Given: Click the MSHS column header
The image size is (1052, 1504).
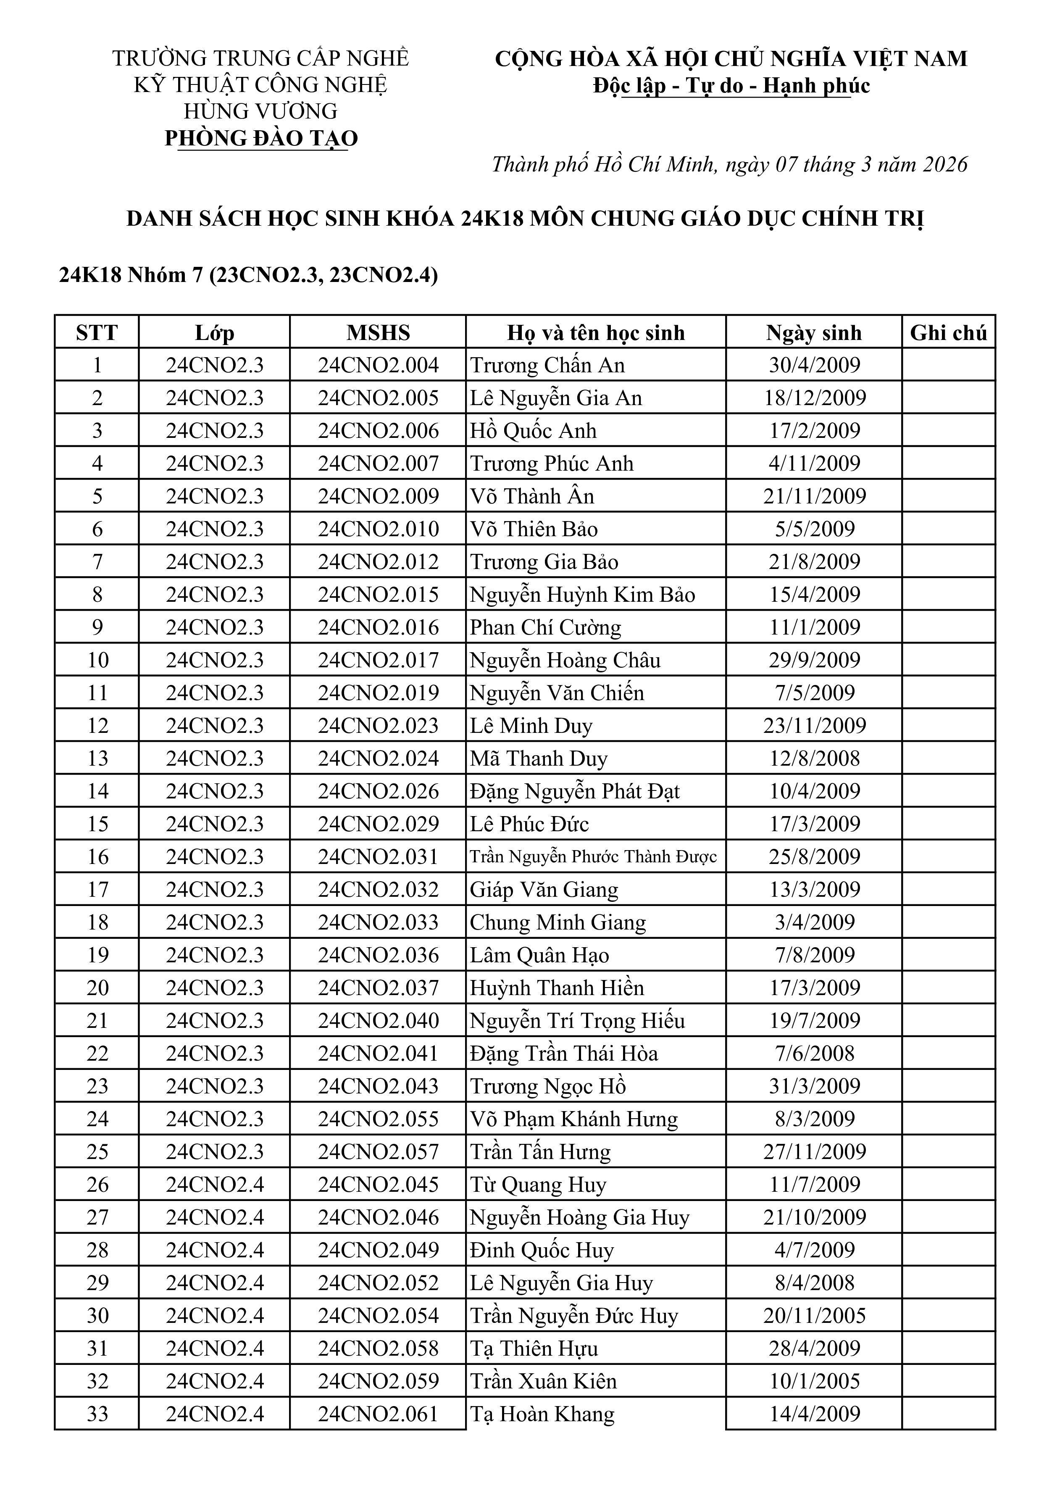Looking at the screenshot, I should pos(378,333).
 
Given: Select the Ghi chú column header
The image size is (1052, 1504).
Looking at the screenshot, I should pos(948,333).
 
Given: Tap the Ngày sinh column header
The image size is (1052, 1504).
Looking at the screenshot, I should pos(813,333).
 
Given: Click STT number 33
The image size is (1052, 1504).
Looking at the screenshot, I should pos(97,1414).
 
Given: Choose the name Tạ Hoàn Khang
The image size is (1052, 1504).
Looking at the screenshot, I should pos(542,1414).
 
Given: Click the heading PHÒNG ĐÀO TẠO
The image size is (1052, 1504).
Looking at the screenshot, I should pos(261,138).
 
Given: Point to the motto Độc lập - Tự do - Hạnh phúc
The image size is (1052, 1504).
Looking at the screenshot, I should pos(731,86).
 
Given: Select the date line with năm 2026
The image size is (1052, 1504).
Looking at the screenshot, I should pos(729,164).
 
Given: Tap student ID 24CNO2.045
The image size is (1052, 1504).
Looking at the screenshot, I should pos(378,1184).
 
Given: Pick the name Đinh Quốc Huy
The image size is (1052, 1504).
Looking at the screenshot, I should pos(541,1250).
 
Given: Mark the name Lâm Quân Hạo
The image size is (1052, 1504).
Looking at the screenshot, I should pos(539,955).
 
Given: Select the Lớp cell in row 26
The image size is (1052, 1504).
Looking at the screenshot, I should pos(214,1184).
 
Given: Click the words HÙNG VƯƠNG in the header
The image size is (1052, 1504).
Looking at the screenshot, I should pos(261,111).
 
